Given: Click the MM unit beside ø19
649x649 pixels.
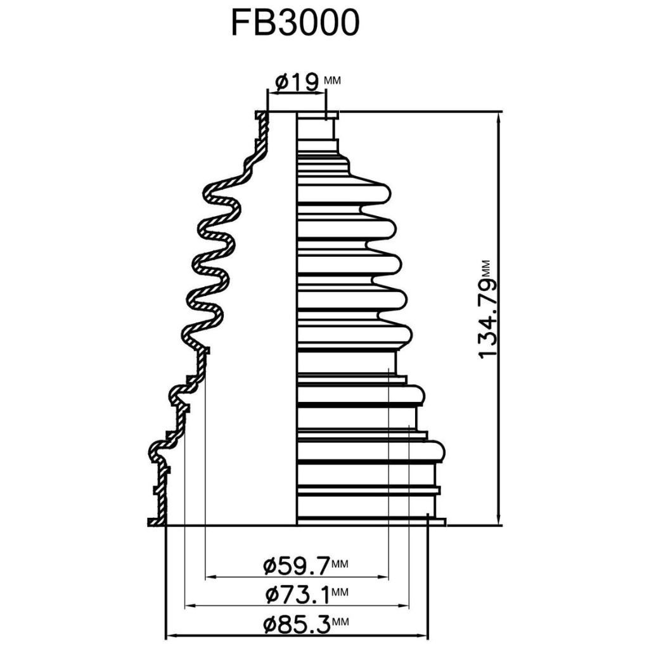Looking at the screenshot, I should (332, 80).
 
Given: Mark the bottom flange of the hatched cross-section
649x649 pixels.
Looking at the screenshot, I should (155, 522).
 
